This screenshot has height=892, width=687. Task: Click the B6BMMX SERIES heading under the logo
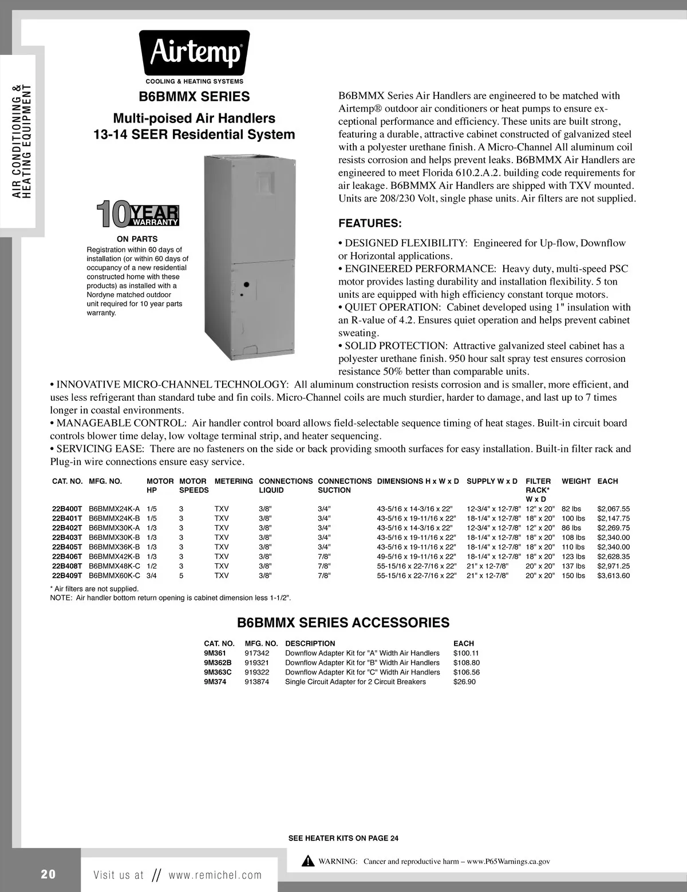tap(195, 97)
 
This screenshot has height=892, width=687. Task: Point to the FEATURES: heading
tap(370, 223)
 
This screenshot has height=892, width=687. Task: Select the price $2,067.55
tap(613, 508)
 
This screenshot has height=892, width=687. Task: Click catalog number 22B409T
tap(68, 575)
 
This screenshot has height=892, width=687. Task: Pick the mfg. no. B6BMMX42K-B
tap(114, 556)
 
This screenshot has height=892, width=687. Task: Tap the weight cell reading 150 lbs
tap(574, 575)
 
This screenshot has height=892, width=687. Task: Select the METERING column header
tap(234, 481)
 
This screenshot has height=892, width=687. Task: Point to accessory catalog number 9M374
tap(215, 682)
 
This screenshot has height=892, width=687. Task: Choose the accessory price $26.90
tap(464, 682)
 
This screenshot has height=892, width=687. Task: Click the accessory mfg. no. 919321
tap(257, 662)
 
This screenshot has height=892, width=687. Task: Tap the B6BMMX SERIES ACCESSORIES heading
tap(343, 623)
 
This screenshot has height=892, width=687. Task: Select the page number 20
tap(48, 874)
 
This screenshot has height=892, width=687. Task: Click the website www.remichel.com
tap(215, 875)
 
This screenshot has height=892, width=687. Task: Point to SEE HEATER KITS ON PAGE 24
tap(343, 838)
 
